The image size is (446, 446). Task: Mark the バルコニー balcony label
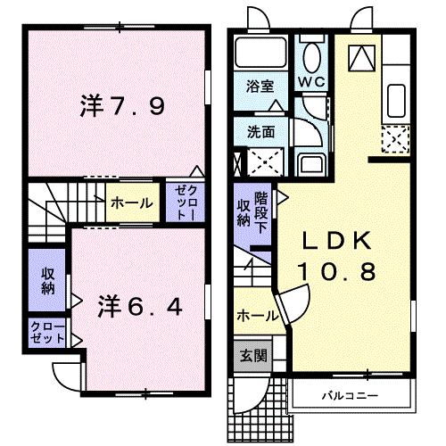tap(350, 393)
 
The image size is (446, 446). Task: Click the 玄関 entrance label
tap(252, 355)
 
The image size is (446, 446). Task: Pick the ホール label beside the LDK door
tap(256, 315)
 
